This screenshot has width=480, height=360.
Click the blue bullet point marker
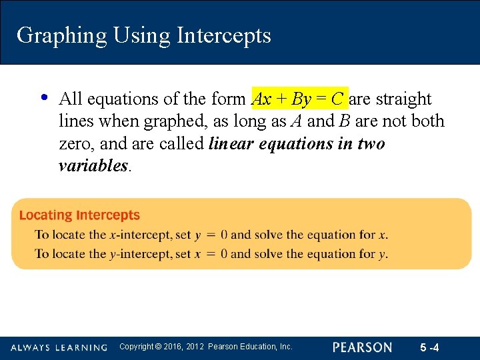[x=44, y=98]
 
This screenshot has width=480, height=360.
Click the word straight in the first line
[x=403, y=99]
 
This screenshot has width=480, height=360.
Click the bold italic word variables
[x=93, y=166]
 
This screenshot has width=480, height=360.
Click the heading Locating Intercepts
[x=79, y=215]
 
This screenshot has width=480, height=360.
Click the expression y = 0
[x=211, y=235]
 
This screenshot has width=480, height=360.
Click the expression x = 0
[x=211, y=254]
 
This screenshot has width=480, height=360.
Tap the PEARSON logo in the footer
[x=363, y=347]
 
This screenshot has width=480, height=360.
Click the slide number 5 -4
[x=429, y=347]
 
